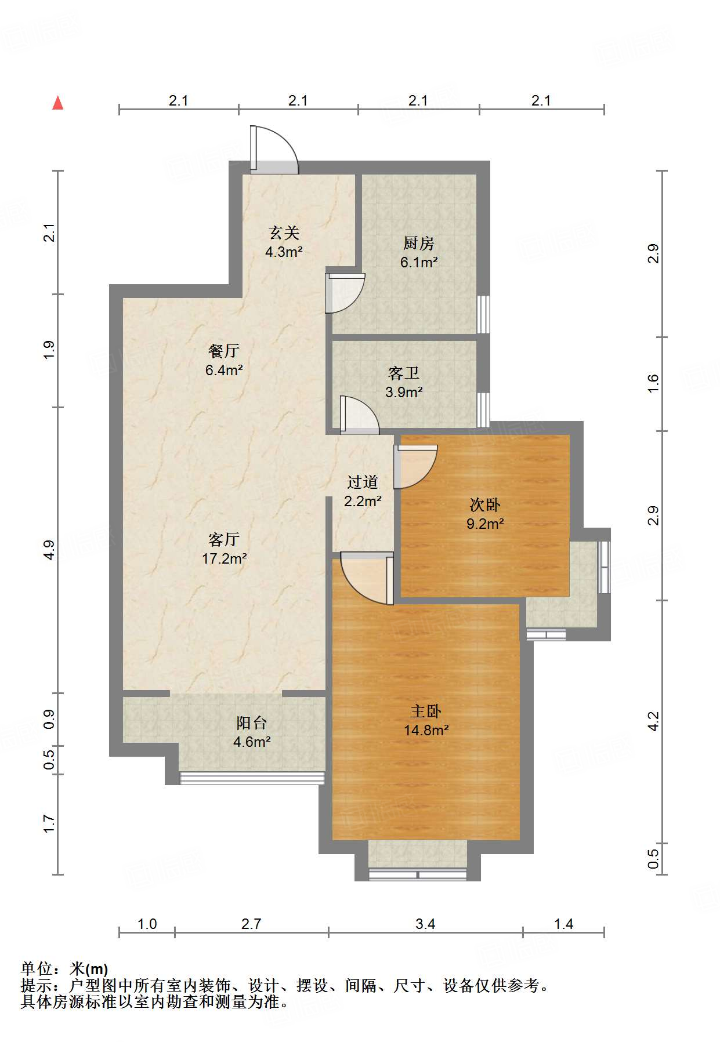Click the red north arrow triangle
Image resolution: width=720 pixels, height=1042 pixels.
tap(58, 103)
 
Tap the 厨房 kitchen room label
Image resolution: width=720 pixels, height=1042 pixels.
tap(418, 243)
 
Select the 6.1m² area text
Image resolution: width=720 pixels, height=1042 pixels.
tap(419, 262)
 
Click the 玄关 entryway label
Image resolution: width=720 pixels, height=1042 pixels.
tap(284, 233)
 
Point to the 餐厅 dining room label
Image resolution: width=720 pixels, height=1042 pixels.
tap(224, 351)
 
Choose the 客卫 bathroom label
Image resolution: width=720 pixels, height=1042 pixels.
tap(404, 373)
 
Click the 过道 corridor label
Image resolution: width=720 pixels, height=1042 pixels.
tap(363, 482)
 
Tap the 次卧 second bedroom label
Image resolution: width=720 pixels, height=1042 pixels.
tap(485, 504)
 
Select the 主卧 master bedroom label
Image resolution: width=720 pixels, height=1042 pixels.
tap(426, 711)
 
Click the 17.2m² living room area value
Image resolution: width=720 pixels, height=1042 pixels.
tap(225, 559)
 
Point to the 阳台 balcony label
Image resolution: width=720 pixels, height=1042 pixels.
tap(252, 722)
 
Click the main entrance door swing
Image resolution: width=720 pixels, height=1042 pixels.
tap(274, 149)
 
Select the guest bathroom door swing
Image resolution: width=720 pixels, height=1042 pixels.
tap(359, 415)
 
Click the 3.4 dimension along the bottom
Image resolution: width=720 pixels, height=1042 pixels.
tap(425, 924)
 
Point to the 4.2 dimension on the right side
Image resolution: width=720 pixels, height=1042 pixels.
tap(653, 721)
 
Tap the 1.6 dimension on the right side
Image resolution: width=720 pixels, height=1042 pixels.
tap(653, 383)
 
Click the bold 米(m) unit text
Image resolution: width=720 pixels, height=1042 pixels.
tap(89, 969)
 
